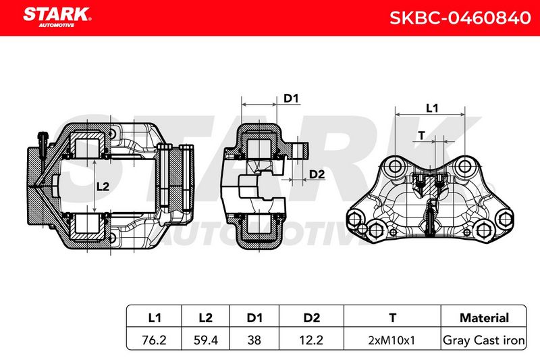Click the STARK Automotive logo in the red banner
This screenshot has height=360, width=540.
point(57,17)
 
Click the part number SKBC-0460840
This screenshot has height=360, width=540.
point(460,18)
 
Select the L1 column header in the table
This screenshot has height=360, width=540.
point(155,317)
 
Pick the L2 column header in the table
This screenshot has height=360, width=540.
point(206,317)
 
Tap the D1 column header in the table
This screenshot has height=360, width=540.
point(254,317)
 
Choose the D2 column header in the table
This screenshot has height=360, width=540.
point(311,317)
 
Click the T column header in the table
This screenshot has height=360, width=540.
point(392,317)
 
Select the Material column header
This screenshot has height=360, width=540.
point(484,317)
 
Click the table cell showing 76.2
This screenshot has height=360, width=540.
point(154,340)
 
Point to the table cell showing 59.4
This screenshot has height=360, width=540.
point(206,340)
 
